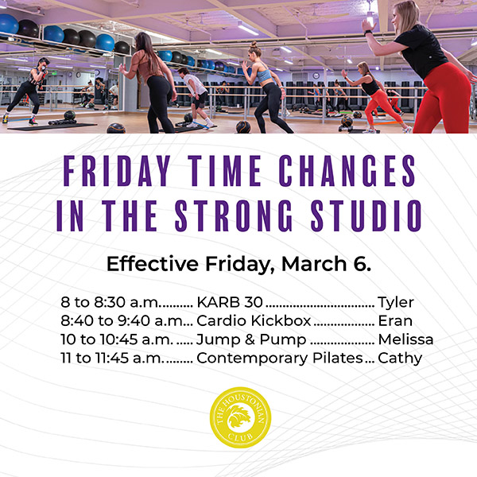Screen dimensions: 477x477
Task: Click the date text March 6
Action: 332,264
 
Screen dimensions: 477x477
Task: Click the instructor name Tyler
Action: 396,303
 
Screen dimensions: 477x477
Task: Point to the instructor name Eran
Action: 394,321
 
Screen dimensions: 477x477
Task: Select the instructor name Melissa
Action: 405,339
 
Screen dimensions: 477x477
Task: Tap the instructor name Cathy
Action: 399,358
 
